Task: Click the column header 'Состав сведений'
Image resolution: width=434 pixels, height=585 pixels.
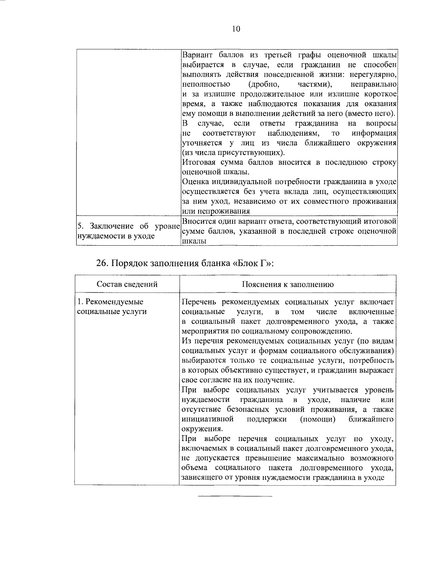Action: pyautogui.click(x=127, y=284)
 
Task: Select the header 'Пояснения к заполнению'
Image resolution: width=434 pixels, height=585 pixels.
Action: pyautogui.click(x=288, y=284)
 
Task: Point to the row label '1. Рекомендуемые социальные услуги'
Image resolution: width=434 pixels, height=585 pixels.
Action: pyautogui.click(x=112, y=306)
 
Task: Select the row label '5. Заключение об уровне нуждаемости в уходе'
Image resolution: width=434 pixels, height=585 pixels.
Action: pyautogui.click(x=128, y=231)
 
